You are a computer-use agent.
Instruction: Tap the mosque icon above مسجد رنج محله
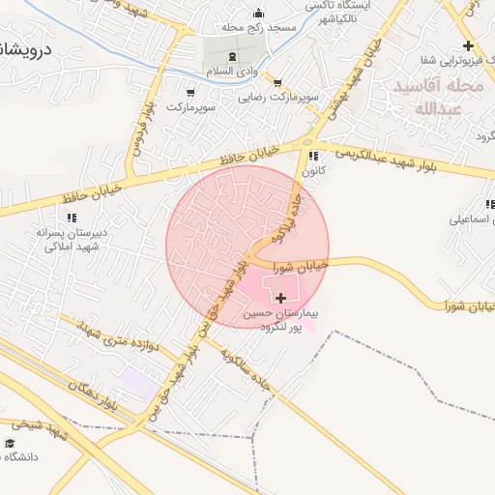[x=257, y=14]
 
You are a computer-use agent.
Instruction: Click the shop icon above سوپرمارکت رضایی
[x=278, y=83]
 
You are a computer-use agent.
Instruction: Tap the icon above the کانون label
[x=311, y=157]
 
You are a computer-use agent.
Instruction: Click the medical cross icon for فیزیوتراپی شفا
[x=468, y=45]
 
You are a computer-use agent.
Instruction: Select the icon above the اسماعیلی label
[x=489, y=205]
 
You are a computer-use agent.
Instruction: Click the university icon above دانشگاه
[x=11, y=443]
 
